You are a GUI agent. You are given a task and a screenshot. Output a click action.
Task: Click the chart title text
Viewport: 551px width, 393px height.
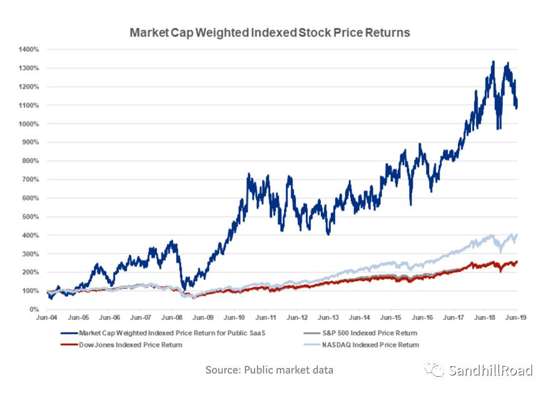(270, 32)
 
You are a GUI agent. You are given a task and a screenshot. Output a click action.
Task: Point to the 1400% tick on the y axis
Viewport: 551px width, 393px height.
(30, 49)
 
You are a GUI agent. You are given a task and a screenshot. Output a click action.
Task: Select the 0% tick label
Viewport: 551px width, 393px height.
(34, 309)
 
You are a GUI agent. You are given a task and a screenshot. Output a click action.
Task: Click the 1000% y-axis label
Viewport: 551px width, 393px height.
(30, 124)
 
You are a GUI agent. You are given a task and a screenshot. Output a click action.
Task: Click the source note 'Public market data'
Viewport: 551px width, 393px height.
(270, 370)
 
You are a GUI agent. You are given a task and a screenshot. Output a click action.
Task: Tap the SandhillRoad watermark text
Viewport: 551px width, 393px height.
(490, 371)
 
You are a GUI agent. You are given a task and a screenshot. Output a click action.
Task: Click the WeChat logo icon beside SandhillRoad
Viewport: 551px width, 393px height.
(435, 371)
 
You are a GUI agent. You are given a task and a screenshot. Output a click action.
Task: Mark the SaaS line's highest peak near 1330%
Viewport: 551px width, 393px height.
(493, 61)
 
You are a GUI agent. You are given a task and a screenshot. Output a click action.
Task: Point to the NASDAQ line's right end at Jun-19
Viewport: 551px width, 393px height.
(517, 235)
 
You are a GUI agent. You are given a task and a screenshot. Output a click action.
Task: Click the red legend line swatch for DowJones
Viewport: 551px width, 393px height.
(68, 344)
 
